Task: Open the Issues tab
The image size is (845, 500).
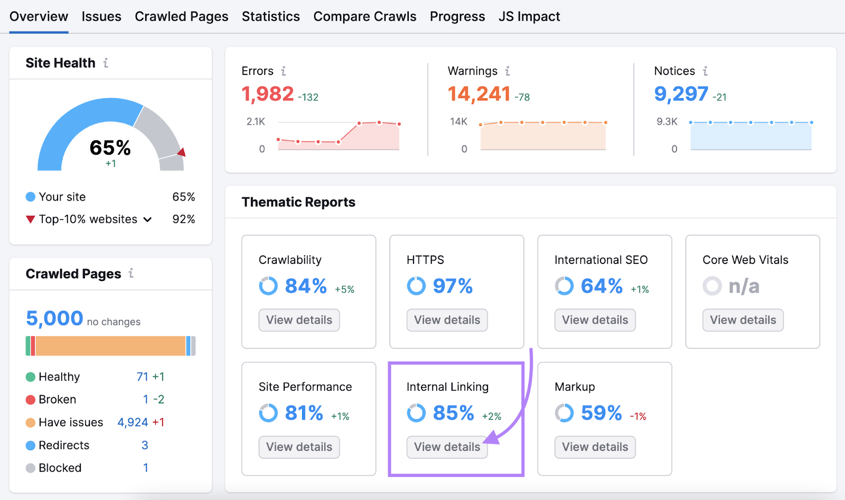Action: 101,17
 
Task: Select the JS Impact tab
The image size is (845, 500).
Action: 529,17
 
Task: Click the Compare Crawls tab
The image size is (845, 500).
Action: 365,17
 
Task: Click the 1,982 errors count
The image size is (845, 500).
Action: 267,94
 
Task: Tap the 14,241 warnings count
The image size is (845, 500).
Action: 479,94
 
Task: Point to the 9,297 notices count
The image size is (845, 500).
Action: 681,94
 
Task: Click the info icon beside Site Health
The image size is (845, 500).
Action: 106,63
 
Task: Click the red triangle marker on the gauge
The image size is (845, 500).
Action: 182,153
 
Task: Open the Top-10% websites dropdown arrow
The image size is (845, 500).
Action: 148,220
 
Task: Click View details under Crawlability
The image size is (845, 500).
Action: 299,320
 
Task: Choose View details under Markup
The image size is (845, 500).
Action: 595,447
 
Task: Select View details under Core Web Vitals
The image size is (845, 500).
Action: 743,320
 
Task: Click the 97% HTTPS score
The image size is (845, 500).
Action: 453,286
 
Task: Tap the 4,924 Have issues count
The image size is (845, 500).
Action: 133,422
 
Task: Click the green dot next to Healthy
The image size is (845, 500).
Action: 31,377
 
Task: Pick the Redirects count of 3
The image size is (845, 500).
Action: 145,445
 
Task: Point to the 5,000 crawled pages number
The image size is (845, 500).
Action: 54,318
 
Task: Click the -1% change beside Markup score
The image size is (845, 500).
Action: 638,417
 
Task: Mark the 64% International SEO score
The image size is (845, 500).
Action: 602,286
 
